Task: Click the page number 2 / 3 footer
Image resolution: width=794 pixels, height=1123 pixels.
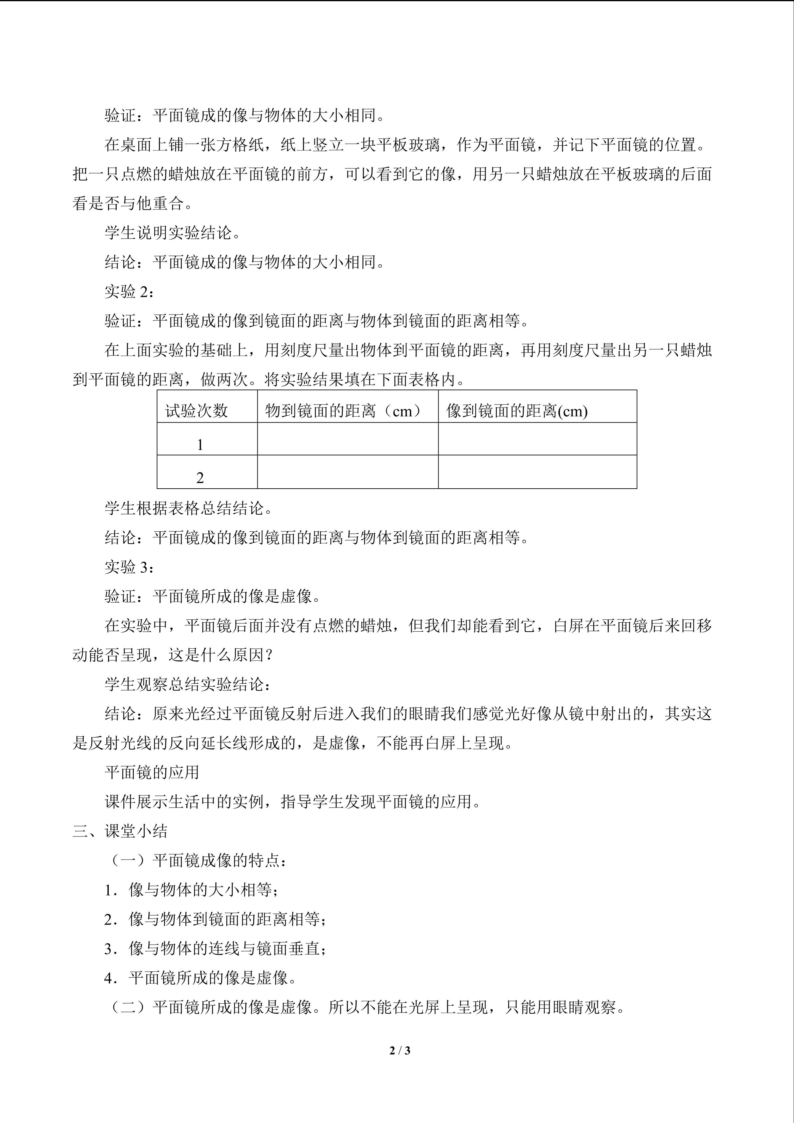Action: coord(400,1050)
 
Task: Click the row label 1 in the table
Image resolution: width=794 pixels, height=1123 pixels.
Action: coord(200,445)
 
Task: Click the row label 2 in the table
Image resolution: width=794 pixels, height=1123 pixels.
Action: coord(200,477)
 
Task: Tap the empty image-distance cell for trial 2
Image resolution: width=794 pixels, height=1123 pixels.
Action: coord(537,472)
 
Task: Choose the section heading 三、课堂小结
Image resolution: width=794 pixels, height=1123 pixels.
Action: coord(120,831)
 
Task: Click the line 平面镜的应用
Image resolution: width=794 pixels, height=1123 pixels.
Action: coord(152,773)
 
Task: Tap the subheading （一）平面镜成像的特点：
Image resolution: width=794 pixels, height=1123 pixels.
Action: coord(195,861)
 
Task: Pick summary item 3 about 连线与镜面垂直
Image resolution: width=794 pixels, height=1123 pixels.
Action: coord(215,949)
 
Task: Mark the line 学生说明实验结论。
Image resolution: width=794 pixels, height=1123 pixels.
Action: coord(173,233)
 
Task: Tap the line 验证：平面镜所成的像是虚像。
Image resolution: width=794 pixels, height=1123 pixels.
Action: coord(213,597)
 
